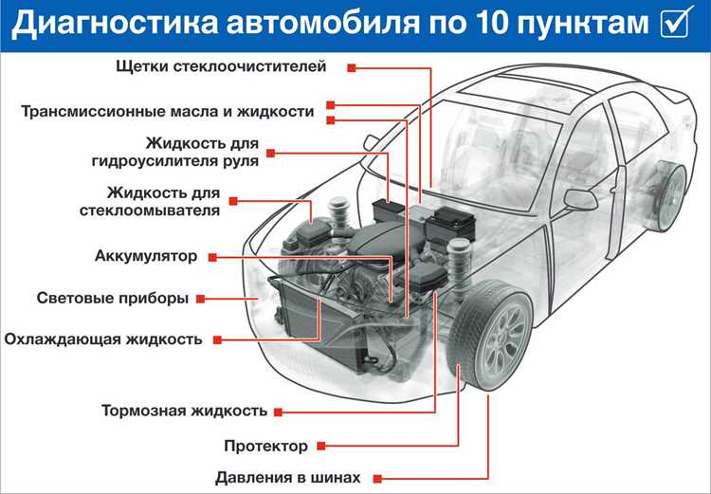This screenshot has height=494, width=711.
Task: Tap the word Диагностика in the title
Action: click(115, 24)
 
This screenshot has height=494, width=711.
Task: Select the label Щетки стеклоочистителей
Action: click(221, 66)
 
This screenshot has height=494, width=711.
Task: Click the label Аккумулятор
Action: click(146, 256)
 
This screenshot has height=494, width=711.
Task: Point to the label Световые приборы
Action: click(113, 298)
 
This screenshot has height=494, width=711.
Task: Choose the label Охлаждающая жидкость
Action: click(103, 339)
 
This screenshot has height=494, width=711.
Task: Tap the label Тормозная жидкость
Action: click(185, 411)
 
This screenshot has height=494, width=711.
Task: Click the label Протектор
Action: click(265, 446)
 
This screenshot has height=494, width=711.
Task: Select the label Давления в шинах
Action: click(288, 478)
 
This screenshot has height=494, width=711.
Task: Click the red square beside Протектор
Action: click(321, 446)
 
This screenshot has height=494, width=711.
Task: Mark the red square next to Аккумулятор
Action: click(212, 258)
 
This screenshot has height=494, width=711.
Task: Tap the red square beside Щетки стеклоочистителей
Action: click(352, 68)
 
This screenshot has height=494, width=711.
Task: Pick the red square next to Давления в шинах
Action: click(377, 479)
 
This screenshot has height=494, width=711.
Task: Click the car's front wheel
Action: click(491, 335)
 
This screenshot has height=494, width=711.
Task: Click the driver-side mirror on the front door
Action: click(581, 200)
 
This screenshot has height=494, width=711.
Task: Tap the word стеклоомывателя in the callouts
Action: click(150, 210)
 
